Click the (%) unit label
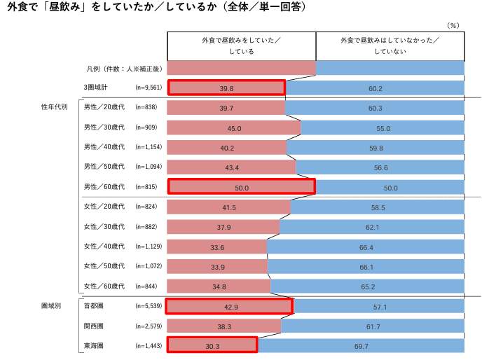pyautogui.click(x=453, y=25)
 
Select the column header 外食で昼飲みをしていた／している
pyautogui.click(x=241, y=46)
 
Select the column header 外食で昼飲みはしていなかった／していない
pyautogui.click(x=390, y=46)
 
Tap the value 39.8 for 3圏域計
pyautogui.click(x=226, y=88)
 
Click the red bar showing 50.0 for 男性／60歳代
pyautogui.click(x=241, y=187)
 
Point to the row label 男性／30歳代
pyautogui.click(x=104, y=128)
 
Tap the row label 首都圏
pyautogui.click(x=93, y=307)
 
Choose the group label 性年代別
pyautogui.click(x=54, y=108)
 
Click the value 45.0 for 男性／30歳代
pyautogui.click(x=234, y=128)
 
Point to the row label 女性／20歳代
pyautogui.click(x=104, y=207)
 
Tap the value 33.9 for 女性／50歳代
pyautogui.click(x=217, y=267)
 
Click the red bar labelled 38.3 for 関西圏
pyautogui.click(x=224, y=326)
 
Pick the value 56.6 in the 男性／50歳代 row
pyautogui.click(x=380, y=168)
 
